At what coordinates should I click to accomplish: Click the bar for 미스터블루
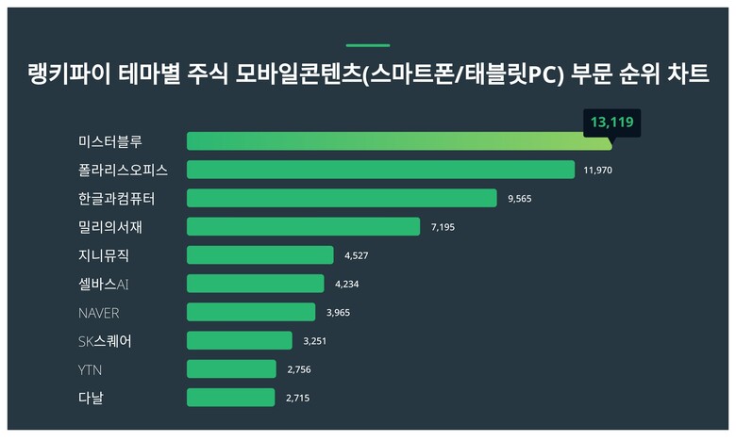tap(399, 141)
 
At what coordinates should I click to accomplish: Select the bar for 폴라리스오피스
tap(380, 170)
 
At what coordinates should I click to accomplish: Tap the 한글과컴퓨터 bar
tap(342, 198)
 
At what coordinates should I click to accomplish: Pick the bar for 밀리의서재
tap(303, 226)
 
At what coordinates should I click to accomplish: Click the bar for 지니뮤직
tap(259, 255)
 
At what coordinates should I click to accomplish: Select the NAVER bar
tap(251, 312)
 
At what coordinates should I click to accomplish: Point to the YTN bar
tap(231, 368)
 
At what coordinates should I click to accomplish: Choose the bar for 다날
tap(230, 398)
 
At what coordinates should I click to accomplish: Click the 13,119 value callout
tap(611, 122)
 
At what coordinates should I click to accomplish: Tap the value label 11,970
tap(599, 171)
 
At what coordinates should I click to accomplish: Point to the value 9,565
tap(521, 199)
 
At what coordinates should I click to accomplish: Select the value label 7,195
tap(444, 227)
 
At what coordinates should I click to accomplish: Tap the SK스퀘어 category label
tap(106, 341)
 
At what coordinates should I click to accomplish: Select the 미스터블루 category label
tap(110, 141)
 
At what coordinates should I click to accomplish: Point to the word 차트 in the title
tap(688, 74)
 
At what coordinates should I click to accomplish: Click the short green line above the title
tap(368, 44)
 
